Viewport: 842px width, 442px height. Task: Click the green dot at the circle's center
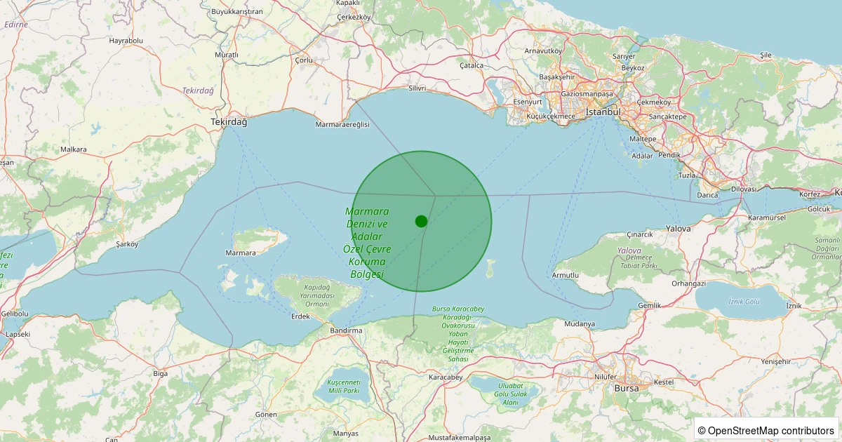[421, 221]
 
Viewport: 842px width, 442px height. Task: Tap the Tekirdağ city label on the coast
[229, 122]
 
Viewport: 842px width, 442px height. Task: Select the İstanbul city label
[603, 112]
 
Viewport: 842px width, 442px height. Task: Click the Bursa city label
[627, 388]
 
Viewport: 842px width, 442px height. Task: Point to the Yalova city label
[679, 229]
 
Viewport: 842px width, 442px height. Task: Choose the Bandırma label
[346, 330]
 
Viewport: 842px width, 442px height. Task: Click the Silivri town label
[417, 89]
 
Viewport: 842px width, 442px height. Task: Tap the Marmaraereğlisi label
[342, 124]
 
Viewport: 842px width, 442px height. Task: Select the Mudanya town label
[580, 324]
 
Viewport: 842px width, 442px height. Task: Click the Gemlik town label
[649, 306]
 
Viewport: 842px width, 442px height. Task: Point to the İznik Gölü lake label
[744, 301]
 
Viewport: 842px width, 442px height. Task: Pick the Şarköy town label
[127, 244]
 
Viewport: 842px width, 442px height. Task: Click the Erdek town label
[300, 316]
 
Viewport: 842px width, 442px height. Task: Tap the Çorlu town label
[304, 60]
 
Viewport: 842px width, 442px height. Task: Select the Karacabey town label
[446, 377]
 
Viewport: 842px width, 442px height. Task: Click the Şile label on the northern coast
[766, 55]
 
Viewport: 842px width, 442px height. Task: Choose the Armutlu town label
[566, 275]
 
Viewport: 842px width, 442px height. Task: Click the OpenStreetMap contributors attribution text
[768, 430]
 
